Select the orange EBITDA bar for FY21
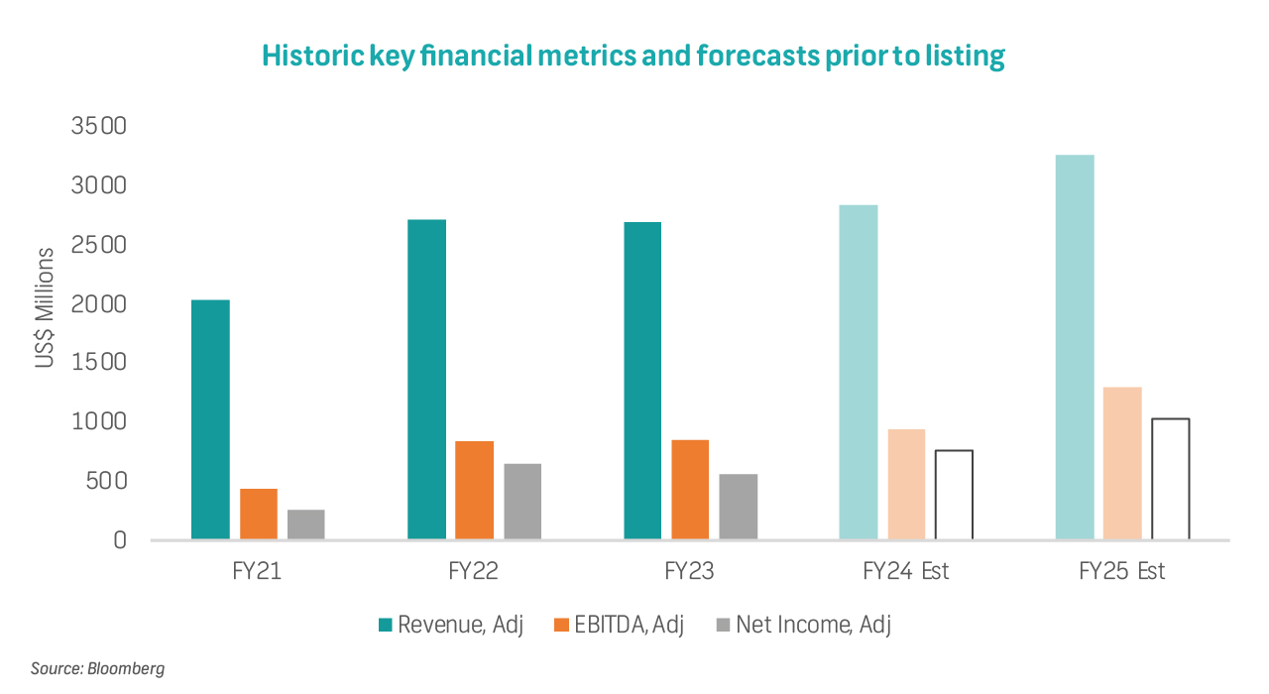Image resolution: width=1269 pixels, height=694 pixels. coord(258,514)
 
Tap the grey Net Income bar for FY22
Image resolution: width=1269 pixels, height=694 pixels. coord(522,501)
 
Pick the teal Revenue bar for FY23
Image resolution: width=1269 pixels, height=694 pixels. coord(642,381)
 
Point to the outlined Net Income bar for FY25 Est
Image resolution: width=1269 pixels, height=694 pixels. coord(1170,479)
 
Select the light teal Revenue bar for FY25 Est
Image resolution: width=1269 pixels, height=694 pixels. coord(1075,347)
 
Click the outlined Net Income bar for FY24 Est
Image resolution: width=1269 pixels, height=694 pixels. coord(954,495)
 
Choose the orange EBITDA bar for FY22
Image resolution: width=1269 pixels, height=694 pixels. coord(474,490)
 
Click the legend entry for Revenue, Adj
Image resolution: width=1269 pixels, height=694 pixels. coord(451,625)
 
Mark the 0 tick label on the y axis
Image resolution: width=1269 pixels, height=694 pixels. coord(119,540)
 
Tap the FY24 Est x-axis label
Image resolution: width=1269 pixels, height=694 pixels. coord(906,572)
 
